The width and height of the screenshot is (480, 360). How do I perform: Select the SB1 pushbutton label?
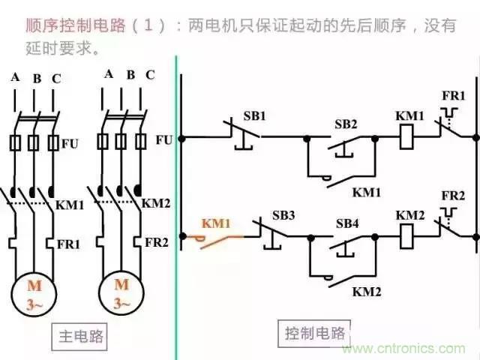coord(254,118)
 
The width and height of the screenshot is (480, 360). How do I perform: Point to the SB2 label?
coord(346,123)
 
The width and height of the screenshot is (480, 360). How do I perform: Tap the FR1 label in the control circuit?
coord(453,97)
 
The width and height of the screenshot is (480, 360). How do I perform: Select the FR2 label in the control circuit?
coord(453,196)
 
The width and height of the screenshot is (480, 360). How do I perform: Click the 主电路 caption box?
coord(82,337)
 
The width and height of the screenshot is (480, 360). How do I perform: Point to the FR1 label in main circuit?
coord(70,244)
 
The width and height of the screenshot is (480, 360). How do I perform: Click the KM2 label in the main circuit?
coord(156,203)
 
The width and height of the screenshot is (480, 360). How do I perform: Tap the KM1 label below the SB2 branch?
coord(367,192)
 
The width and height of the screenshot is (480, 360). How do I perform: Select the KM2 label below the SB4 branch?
coord(367,289)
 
